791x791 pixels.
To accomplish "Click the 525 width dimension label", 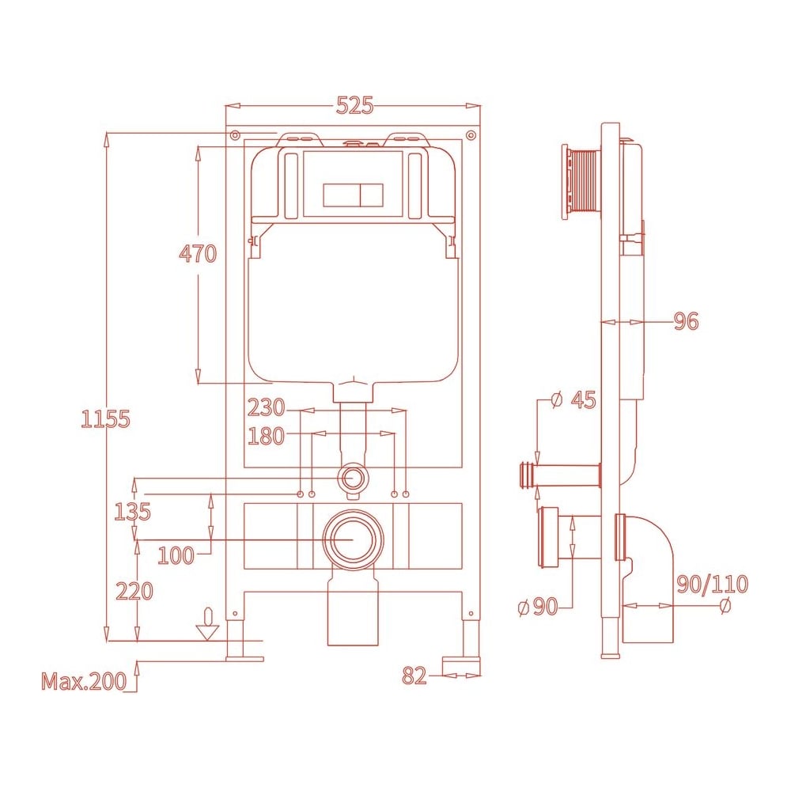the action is tap(355, 105).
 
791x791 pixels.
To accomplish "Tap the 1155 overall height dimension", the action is tap(105, 419).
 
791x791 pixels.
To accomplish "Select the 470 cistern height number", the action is tap(198, 253).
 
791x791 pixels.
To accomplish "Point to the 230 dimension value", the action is tap(266, 407).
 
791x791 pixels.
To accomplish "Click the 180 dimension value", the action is tap(266, 437).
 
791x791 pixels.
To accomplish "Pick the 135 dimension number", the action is tap(132, 512).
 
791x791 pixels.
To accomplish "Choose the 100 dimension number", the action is tap(176, 555).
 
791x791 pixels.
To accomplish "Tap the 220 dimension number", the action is tap(134, 591).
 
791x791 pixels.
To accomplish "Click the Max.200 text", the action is tap(84, 681).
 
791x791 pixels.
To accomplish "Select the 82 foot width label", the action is tap(414, 676).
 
